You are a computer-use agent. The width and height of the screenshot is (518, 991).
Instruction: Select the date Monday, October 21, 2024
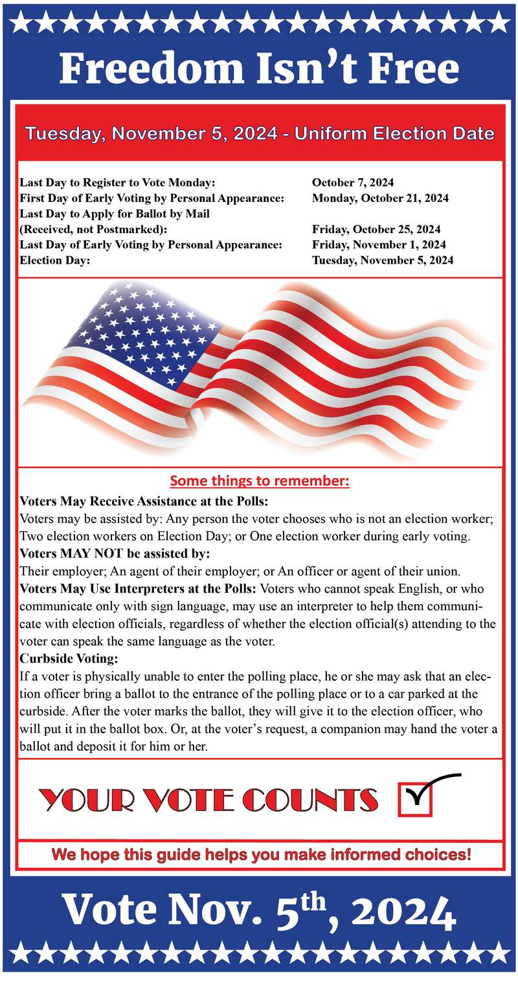pos(380,198)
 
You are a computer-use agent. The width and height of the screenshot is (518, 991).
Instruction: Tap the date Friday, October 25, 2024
pos(376,229)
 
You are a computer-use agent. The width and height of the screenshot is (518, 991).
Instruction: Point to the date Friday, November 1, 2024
pos(378,245)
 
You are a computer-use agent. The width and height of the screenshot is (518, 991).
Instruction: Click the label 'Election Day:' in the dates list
pos(54,260)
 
